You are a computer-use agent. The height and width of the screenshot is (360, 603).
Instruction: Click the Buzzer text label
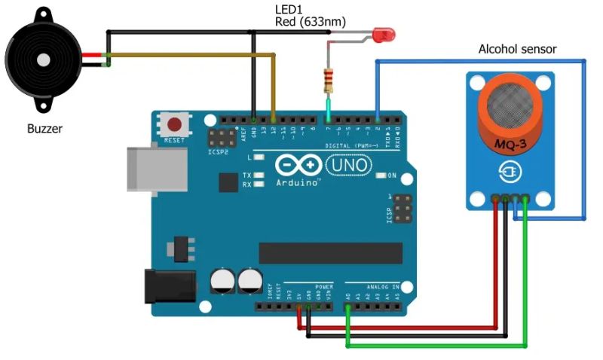coord(44,129)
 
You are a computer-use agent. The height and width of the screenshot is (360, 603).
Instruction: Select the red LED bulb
coord(386,35)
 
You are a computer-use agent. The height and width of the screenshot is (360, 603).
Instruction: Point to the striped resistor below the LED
coord(328,80)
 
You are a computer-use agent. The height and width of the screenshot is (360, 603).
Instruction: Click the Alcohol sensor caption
coord(517,49)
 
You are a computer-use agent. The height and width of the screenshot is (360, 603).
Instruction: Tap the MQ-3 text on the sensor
coord(510,143)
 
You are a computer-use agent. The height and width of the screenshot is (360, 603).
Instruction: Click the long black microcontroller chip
coord(330,254)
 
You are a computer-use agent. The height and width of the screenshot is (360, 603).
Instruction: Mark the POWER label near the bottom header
coord(324,287)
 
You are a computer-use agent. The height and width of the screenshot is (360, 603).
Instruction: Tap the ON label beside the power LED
coord(392,175)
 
